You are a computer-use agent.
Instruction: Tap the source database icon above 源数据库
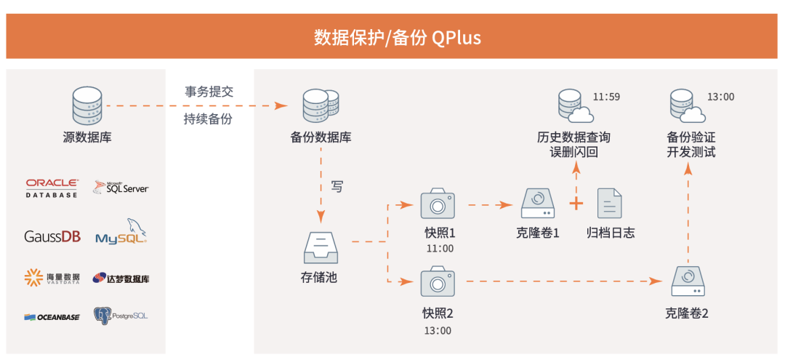[x=86, y=106]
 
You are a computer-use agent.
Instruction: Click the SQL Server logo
[x=121, y=188]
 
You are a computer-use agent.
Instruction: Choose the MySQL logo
[x=122, y=233]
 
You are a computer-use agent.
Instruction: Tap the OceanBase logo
[x=51, y=316]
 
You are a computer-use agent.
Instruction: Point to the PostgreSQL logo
[x=121, y=316]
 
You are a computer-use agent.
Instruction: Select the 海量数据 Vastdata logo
[x=52, y=276]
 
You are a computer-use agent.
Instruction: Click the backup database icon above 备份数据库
[x=319, y=106]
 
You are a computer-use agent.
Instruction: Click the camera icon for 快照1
[x=437, y=204]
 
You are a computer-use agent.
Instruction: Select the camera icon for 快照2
[x=437, y=281]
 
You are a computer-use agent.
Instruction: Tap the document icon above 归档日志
[x=608, y=204]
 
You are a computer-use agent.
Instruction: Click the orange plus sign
[x=576, y=203]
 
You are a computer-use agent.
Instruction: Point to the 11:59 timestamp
[x=605, y=97]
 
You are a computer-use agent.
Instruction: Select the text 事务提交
[x=208, y=91]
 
